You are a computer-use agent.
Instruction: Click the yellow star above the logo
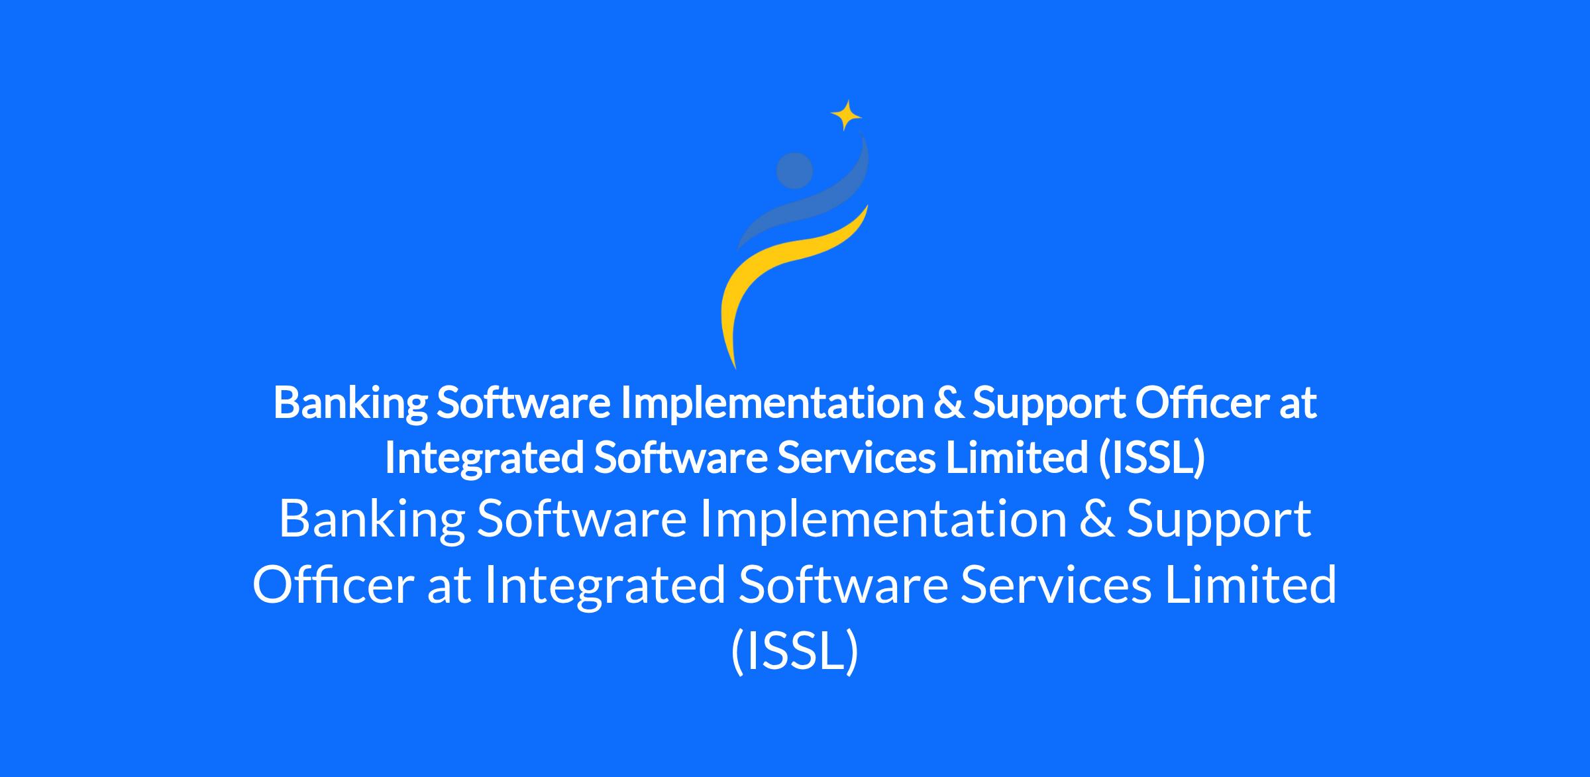point(846,115)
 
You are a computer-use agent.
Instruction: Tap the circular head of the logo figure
point(794,171)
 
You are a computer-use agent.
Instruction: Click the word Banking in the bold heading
point(350,403)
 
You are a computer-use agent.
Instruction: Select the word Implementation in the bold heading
point(772,403)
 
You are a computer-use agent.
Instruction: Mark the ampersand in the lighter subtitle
point(1096,519)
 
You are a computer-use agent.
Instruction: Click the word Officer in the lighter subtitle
point(334,585)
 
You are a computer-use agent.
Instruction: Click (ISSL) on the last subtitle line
point(794,651)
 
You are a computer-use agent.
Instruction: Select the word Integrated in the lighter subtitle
point(605,586)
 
